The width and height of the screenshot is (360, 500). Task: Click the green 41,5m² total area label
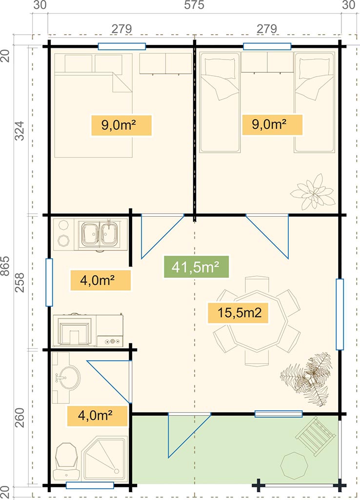pos(196,267)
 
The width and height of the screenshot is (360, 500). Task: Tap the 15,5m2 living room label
pos(238,313)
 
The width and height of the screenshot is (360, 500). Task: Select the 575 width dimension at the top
pos(194,5)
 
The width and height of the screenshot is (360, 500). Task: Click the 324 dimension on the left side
pos(20,130)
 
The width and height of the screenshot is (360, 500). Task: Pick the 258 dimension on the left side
pos(20,282)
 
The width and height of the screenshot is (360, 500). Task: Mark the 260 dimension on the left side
pos(20,418)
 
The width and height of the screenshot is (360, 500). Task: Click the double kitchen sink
pos(100,234)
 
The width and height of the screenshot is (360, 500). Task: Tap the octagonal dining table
pos(257,321)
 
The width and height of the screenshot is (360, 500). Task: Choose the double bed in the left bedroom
pos(93,105)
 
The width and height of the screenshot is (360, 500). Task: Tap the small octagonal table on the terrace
pos(294,465)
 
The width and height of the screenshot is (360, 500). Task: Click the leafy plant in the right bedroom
pos(313,191)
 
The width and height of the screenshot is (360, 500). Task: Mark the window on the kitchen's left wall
pos(49,282)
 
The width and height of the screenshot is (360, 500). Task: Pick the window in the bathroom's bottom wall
pos(90,485)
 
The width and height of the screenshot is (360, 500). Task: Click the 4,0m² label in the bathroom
pos(97,416)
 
